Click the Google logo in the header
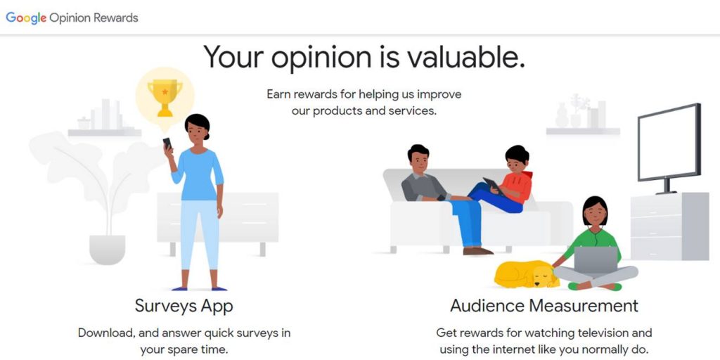coord(26,18)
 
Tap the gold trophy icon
coord(165,97)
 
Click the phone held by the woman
coord(167,143)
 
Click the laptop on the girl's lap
coord(596,260)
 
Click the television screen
coord(669,141)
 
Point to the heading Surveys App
coord(184,305)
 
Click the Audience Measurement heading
coord(544,305)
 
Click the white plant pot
coord(107,250)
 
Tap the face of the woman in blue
coord(196,131)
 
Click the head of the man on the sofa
coord(418,158)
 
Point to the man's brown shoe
coord(477,251)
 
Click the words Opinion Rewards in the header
coord(94,18)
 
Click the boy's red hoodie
coord(517,186)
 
